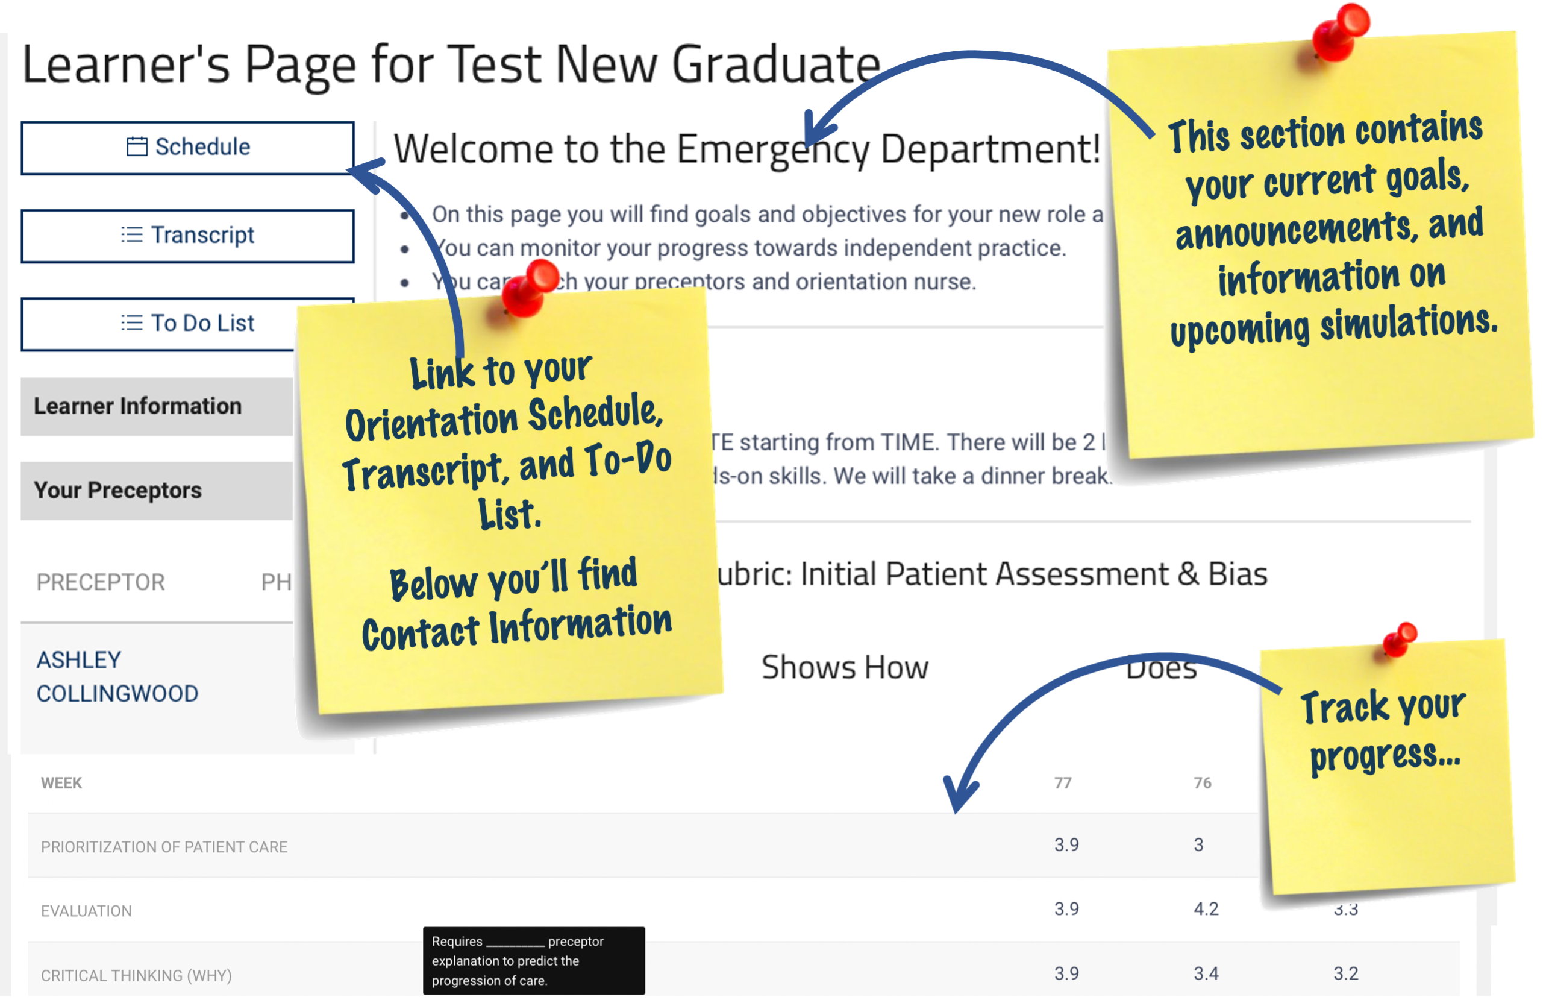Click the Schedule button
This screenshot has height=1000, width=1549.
coord(187,148)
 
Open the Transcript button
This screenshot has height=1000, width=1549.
coord(187,235)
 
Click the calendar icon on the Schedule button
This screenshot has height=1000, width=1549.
coord(136,146)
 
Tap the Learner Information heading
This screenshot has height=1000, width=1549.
coord(137,406)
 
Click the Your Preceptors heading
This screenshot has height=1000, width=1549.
coord(117,490)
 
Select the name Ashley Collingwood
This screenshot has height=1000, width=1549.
coord(117,677)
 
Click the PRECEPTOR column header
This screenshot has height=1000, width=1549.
coord(101,582)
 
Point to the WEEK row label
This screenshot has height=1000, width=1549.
coord(61,783)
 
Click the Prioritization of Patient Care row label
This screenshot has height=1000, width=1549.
coord(164,847)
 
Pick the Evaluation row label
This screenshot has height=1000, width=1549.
coord(86,911)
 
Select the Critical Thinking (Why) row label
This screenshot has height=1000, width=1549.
coord(136,975)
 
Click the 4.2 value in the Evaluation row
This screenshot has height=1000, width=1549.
coord(1206,909)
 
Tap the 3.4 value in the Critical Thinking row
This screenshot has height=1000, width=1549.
coord(1206,973)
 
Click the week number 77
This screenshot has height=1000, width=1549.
coord(1063,783)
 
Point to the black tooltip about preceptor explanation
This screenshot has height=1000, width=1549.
coord(533,960)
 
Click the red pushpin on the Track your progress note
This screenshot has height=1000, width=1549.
coord(1400,639)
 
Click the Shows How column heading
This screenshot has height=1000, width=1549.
coord(845,667)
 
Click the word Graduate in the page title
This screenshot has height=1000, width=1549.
coord(776,65)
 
